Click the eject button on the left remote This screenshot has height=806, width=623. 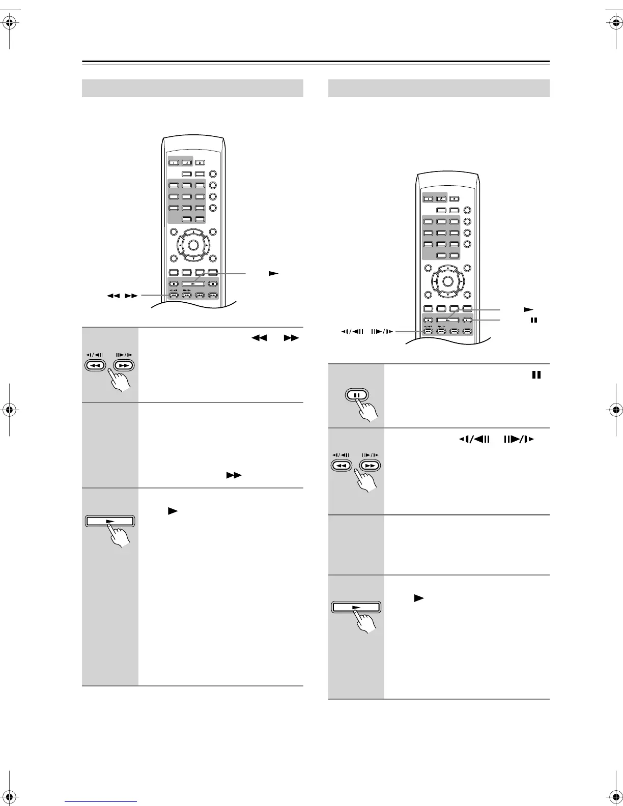tap(200, 163)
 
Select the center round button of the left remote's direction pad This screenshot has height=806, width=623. tap(193, 245)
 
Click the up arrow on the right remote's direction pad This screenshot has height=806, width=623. tap(447, 268)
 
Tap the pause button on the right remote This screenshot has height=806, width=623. tap(467, 321)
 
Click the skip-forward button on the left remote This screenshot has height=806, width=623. tap(213, 295)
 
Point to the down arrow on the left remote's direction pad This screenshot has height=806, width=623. tap(193, 257)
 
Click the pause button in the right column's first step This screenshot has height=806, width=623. tap(357, 395)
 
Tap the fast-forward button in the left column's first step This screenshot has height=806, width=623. tap(123, 365)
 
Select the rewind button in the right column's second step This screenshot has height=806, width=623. tap(342, 466)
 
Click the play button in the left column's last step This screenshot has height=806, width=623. tap(109, 521)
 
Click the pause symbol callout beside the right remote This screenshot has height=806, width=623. tap(534, 321)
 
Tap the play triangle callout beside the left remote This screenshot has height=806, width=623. tap(274, 273)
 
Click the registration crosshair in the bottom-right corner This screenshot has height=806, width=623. tap(613, 783)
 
